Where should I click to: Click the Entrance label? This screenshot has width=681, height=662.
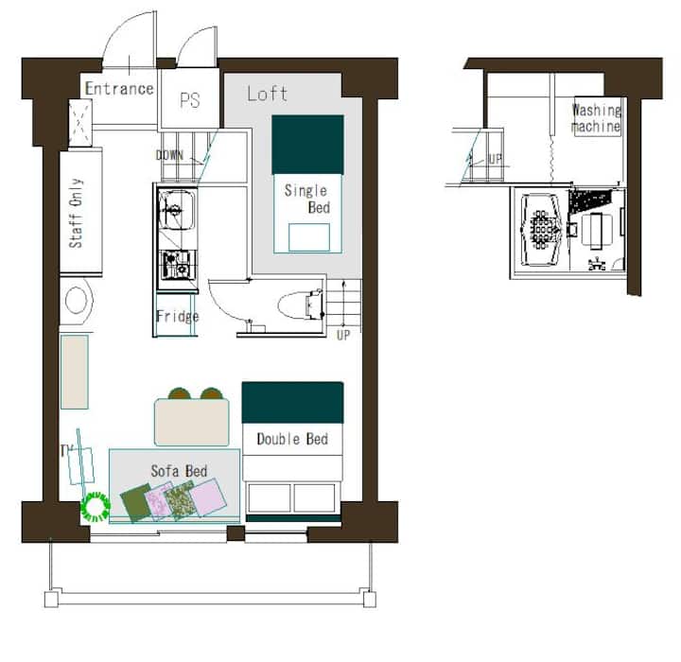click(119, 89)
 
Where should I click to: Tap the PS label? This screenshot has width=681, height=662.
click(190, 100)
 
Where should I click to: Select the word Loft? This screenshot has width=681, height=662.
click(267, 94)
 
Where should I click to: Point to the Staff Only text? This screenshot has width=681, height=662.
click(76, 213)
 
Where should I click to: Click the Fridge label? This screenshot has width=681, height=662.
click(178, 316)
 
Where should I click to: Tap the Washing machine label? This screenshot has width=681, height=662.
click(596, 118)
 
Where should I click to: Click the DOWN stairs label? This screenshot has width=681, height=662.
click(169, 155)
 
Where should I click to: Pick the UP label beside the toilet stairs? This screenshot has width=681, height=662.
click(343, 335)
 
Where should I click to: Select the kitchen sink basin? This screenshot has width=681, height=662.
click(176, 210)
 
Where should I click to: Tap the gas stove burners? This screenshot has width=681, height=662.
click(178, 265)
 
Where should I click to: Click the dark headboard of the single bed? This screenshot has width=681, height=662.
click(307, 145)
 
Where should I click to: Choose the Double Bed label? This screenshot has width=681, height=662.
click(292, 439)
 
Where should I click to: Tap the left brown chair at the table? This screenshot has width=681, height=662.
click(180, 393)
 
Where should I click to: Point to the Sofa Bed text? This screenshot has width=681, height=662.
click(179, 471)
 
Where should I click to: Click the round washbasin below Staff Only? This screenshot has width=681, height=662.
click(76, 300)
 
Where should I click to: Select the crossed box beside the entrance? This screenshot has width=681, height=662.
click(80, 123)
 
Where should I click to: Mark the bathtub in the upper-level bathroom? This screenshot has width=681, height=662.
click(541, 230)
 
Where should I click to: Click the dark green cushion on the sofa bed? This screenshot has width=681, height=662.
click(135, 503)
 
